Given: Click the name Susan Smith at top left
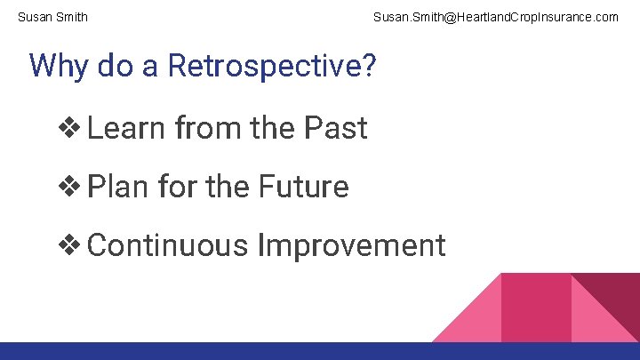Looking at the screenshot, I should click(52, 17).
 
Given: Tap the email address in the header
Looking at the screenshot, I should click(495, 17).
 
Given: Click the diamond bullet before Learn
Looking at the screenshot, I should click(69, 129).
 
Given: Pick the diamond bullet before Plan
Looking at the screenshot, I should click(69, 187).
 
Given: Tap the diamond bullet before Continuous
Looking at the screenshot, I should click(69, 244).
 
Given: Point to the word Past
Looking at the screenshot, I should click(335, 129).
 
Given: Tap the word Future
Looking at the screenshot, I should click(303, 187).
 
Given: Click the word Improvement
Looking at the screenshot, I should click(351, 244).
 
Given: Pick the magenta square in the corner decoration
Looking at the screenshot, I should click(536, 308).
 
